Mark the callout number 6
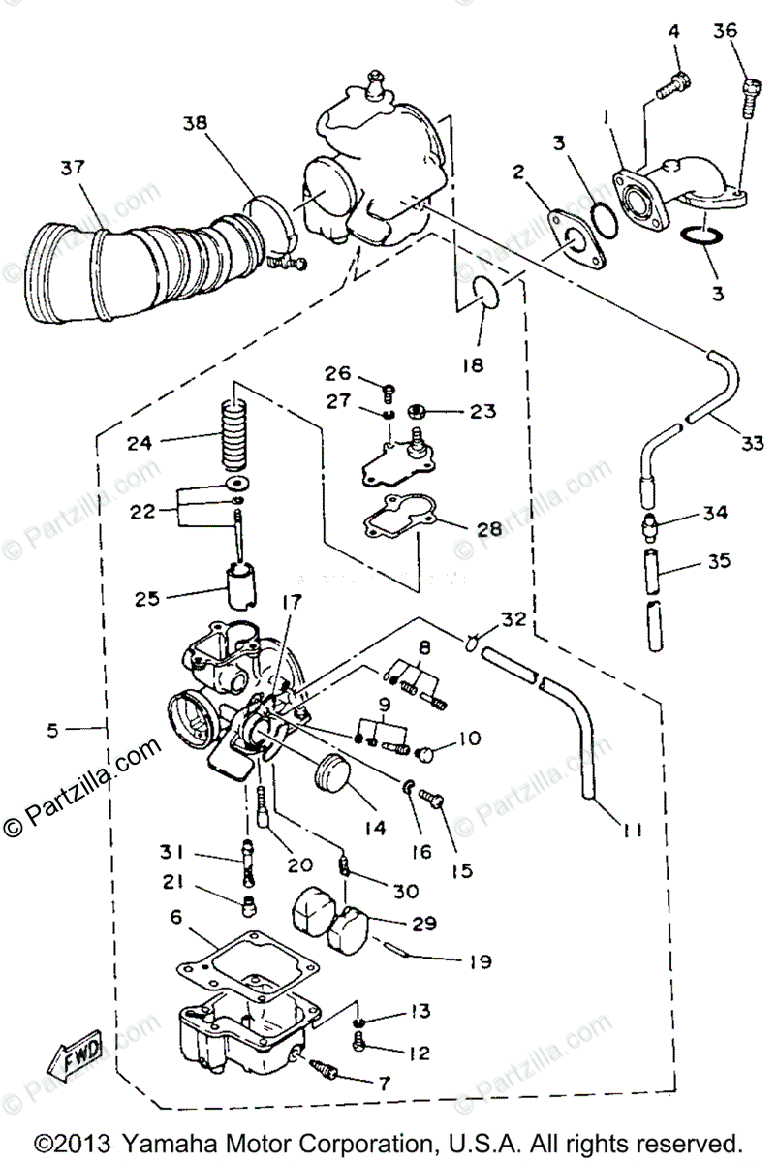point(175,916)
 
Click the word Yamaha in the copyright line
point(179,1141)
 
